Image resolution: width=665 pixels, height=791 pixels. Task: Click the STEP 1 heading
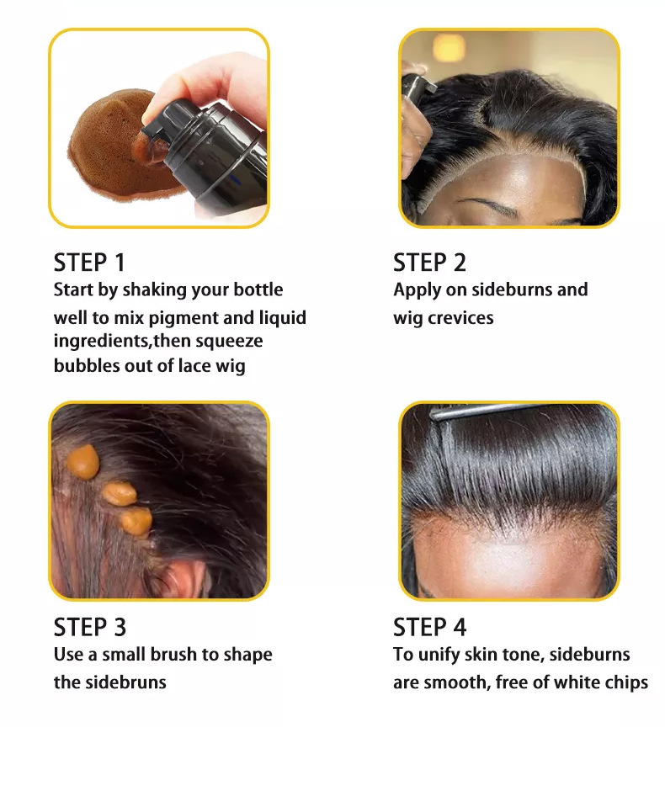tap(88, 263)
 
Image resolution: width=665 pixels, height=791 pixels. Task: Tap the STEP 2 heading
tap(429, 263)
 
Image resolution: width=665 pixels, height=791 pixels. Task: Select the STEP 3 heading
tap(90, 628)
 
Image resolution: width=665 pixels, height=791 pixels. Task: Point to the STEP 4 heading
tap(430, 628)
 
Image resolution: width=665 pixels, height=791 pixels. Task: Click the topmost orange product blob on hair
tap(82, 462)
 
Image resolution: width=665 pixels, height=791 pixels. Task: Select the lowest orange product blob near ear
tap(136, 522)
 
